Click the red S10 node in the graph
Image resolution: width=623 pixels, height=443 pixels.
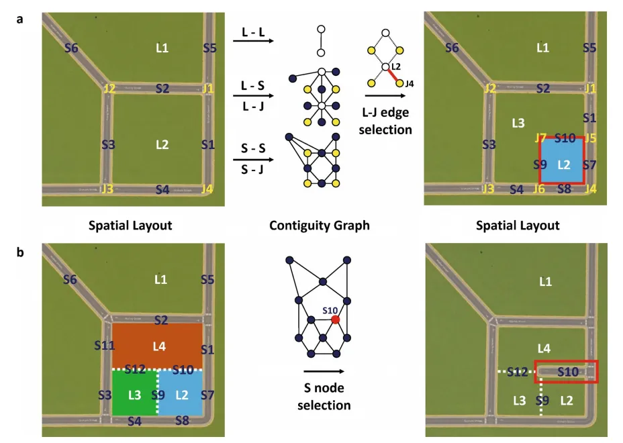(x=335, y=319)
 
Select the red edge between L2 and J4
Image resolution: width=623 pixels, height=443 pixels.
(x=393, y=75)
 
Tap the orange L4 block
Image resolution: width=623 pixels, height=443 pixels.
(x=157, y=346)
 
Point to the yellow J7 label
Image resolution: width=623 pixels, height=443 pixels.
(x=540, y=138)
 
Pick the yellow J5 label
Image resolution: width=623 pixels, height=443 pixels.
(x=590, y=138)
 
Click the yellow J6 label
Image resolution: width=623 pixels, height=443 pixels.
(x=538, y=189)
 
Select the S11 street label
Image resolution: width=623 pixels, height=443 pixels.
(x=104, y=346)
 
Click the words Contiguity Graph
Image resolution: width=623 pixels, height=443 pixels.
(x=319, y=226)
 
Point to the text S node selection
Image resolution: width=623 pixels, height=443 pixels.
(x=324, y=397)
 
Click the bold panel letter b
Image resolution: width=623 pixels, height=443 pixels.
(x=19, y=254)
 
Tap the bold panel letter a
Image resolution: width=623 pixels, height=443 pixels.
(x=19, y=19)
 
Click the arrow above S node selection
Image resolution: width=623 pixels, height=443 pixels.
(x=323, y=371)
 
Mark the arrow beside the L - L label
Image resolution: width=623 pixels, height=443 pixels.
(x=252, y=42)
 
